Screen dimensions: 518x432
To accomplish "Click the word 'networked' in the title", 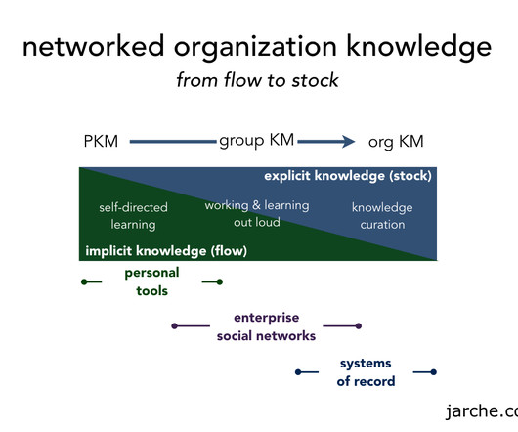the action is (93, 46).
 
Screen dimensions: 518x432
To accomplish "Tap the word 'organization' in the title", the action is (255, 47).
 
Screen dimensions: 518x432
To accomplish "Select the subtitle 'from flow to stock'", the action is (257, 80).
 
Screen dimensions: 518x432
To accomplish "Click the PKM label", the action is (101, 142).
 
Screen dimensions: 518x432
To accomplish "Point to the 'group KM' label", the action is (256, 141).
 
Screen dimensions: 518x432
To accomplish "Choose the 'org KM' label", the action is (396, 142).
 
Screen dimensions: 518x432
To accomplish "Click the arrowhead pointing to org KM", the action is (348, 142).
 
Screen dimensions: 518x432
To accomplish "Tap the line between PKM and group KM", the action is (173, 142).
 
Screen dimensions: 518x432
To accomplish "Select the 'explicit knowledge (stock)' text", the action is (348, 176).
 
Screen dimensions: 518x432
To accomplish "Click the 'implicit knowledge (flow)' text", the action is (166, 251).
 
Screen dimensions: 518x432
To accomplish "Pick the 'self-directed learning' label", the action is (133, 216).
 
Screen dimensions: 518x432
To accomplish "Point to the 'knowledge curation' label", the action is (382, 216).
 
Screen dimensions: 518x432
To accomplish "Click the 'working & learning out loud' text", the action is (257, 214).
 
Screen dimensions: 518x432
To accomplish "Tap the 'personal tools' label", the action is (151, 281).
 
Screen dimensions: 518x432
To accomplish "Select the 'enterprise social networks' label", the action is (266, 326).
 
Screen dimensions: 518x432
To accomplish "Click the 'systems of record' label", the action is (366, 372).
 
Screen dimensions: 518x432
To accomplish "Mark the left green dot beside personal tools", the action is (84, 281).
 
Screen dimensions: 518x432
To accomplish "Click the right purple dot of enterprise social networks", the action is (359, 326).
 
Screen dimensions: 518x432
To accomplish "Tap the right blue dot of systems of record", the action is (433, 372).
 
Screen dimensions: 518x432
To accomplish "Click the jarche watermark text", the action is (482, 411).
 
